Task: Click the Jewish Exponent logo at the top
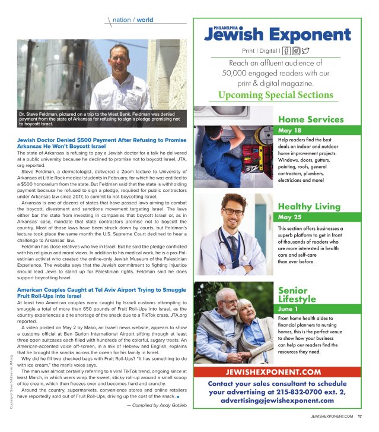coord(273,33)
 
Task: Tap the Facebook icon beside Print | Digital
coord(288,51)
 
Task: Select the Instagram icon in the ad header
coord(297,51)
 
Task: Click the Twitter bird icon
coord(305,51)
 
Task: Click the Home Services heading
coord(311,119)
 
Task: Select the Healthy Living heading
coord(309,206)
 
